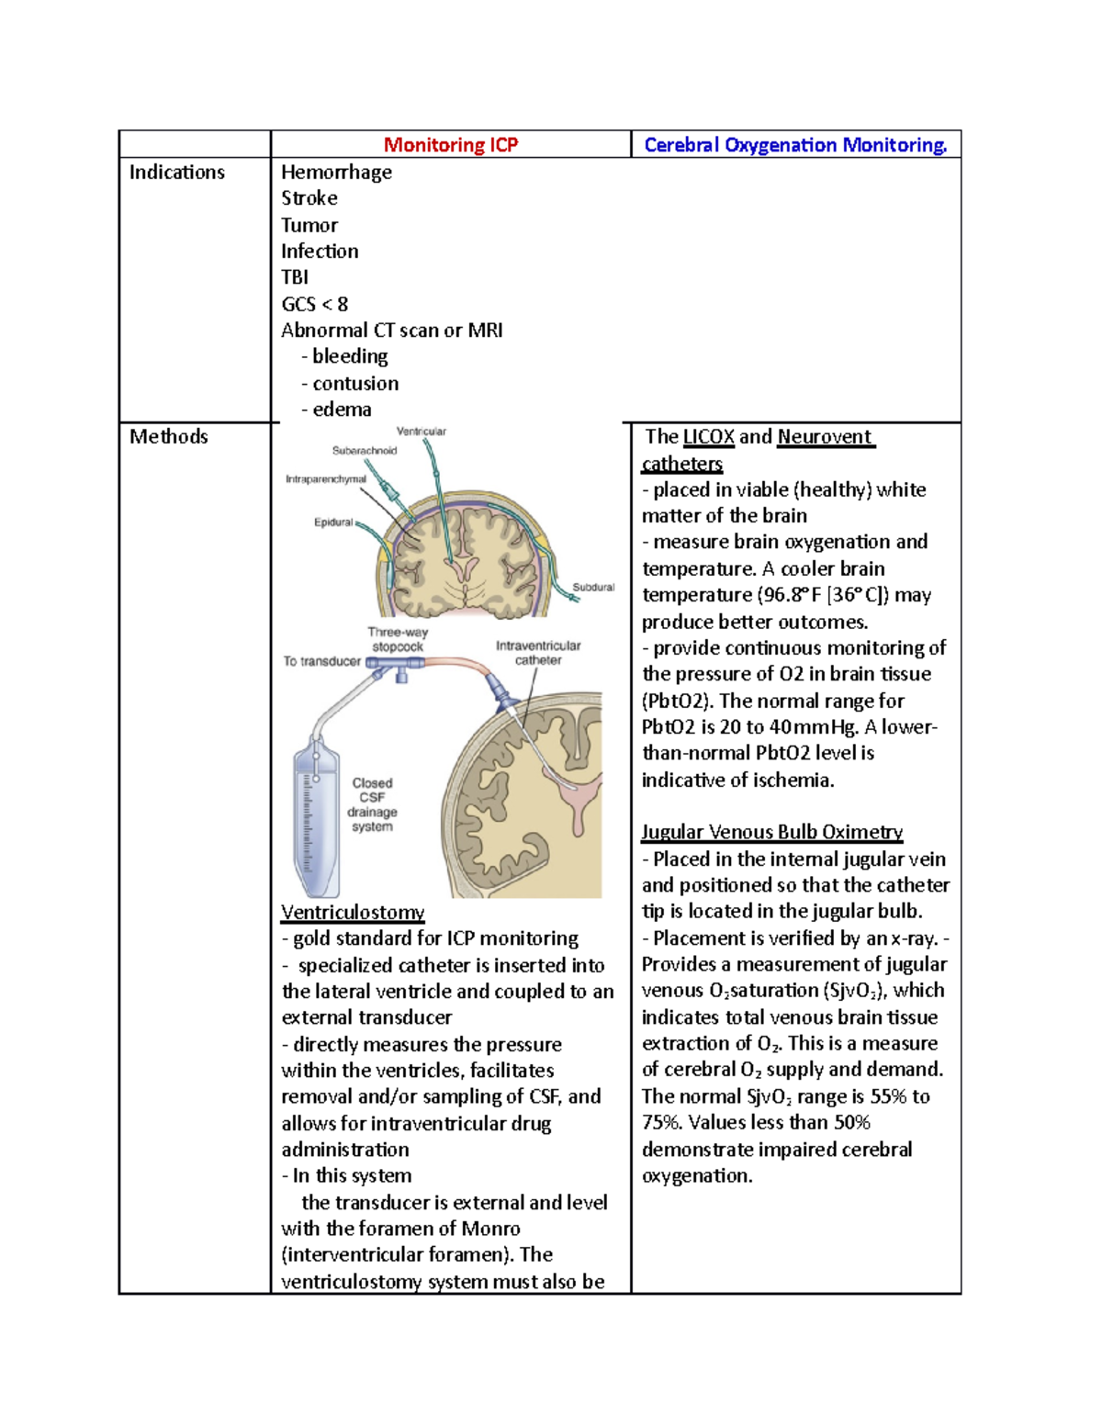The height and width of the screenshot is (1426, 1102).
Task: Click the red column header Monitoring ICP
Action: point(450,145)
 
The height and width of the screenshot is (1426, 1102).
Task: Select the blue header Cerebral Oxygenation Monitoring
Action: point(795,145)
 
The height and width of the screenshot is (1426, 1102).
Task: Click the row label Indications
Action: point(177,173)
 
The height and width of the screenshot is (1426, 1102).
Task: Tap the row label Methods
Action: point(169,437)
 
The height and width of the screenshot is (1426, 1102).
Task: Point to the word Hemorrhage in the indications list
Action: point(336,173)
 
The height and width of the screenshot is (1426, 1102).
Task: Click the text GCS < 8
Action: point(314,304)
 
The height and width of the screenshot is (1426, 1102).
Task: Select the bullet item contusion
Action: point(355,384)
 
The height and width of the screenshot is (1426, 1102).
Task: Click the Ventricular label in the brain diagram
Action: point(421,432)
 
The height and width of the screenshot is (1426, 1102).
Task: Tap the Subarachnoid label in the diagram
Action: point(365,451)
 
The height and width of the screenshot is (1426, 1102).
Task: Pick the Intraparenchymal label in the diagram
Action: point(325,479)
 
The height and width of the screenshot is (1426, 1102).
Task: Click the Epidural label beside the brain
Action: point(333,522)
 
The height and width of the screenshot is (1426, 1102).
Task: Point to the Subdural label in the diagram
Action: point(593,588)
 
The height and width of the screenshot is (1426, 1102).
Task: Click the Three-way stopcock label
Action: point(398,639)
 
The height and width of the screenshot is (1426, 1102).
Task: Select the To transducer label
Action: point(321,661)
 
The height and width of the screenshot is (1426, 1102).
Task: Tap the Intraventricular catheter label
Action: point(538,653)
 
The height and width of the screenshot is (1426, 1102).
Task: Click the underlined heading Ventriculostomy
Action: point(353,913)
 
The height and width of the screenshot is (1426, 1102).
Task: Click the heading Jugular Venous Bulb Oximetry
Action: point(771,833)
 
